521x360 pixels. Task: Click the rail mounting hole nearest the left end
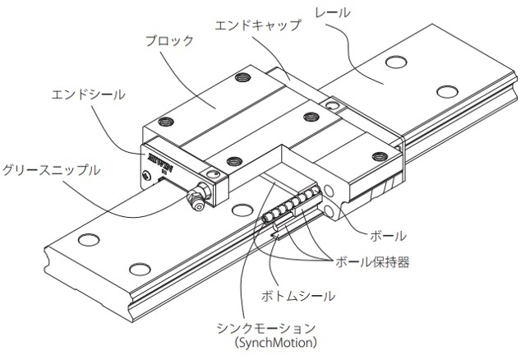pos(86,241)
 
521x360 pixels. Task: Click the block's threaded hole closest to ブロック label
pos(242,79)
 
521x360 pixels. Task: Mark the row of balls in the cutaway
pos(288,205)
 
